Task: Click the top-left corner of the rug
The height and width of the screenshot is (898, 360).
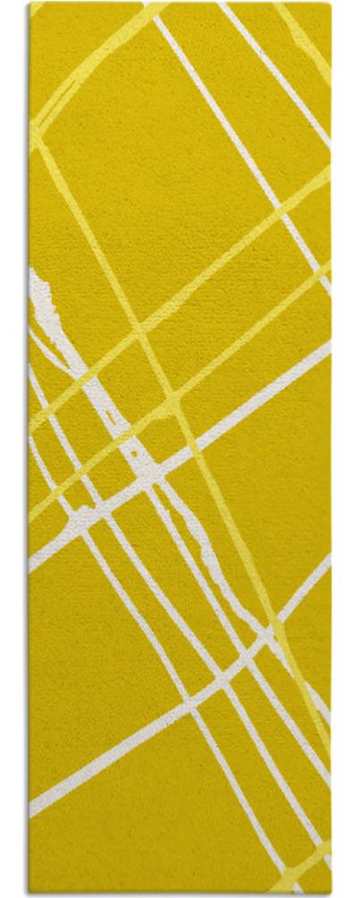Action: [29, 4]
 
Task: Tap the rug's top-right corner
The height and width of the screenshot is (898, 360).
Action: [330, 4]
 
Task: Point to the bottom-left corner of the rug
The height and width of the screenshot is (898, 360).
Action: [29, 894]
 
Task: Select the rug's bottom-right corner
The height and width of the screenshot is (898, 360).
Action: [331, 894]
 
